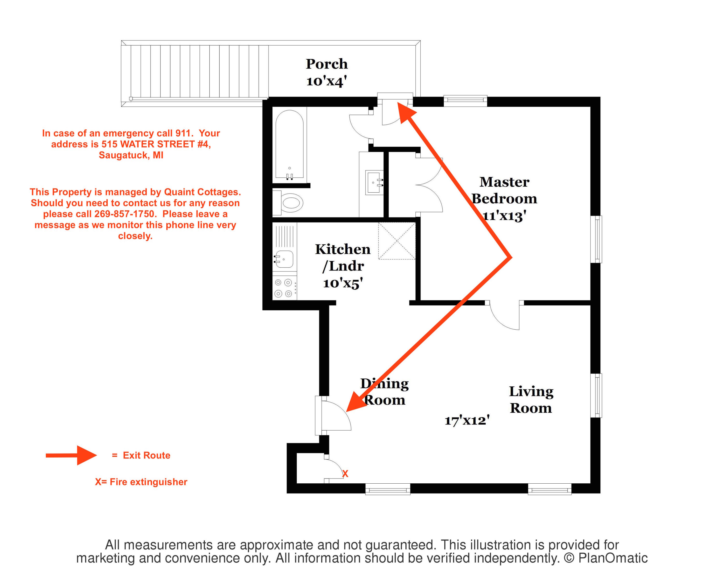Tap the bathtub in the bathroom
tap(289, 145)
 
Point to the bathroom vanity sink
tap(375, 182)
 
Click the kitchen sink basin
tap(284, 259)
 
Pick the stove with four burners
tap(284, 288)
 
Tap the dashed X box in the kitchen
tap(397, 241)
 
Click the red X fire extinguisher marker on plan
tap(345, 473)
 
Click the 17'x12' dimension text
tap(467, 420)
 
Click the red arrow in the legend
tap(71, 455)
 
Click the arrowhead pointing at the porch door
tap(405, 112)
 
